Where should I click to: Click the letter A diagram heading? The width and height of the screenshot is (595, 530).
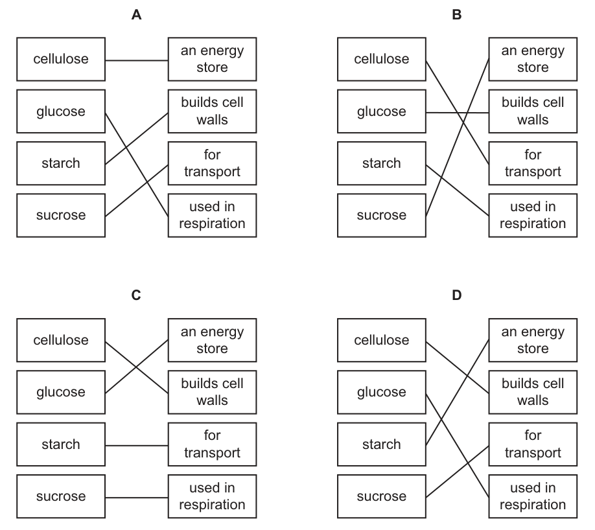(x=136, y=15)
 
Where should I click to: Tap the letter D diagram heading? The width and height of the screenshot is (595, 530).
(x=457, y=295)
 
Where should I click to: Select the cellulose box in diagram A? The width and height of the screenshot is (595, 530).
(x=61, y=59)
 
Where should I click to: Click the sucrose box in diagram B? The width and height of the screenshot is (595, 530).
(x=381, y=216)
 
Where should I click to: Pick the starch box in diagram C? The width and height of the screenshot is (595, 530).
(x=61, y=444)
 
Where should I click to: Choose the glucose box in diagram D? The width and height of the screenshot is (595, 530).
(x=381, y=392)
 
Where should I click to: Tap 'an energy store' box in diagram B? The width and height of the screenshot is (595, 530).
(x=533, y=59)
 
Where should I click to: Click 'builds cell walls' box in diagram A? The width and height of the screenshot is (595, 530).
(x=212, y=111)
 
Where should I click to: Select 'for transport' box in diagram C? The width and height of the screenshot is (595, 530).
(x=212, y=444)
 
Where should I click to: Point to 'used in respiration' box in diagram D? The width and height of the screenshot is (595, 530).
(x=533, y=496)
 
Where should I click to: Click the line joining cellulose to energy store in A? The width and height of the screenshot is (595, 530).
(x=137, y=60)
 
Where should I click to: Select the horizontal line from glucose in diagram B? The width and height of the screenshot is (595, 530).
(x=457, y=113)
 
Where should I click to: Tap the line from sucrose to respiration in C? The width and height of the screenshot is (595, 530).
(x=137, y=498)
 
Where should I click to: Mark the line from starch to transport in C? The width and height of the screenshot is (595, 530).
(x=137, y=445)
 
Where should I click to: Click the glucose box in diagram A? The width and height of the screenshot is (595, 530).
(x=61, y=111)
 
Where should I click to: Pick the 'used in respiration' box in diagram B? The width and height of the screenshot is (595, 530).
(x=533, y=216)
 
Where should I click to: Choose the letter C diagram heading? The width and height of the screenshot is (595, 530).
(x=136, y=295)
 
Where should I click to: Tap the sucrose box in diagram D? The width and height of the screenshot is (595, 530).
(x=381, y=496)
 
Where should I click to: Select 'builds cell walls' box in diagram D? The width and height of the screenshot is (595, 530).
(x=533, y=392)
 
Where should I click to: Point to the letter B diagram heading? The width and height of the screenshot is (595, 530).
(x=457, y=15)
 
